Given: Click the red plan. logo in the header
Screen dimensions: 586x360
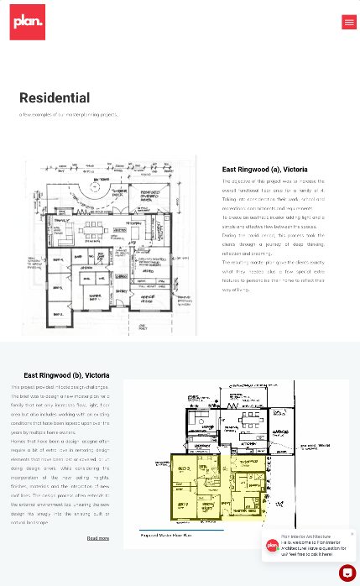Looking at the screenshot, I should (28, 22).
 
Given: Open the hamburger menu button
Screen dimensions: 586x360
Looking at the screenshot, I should (349, 22).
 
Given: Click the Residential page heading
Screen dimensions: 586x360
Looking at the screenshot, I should (55, 98).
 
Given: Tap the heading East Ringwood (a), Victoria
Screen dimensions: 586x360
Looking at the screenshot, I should (264, 169).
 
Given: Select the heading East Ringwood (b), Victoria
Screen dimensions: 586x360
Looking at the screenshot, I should (66, 374).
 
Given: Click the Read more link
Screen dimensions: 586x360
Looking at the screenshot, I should (98, 538).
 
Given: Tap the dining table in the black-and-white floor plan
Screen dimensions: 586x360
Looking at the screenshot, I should (93, 228).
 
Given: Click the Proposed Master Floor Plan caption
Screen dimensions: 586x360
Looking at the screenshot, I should (168, 533).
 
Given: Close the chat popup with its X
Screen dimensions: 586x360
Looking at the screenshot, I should (352, 534).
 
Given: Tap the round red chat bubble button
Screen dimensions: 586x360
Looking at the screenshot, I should (347, 573).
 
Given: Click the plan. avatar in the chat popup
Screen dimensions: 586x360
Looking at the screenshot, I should (273, 546).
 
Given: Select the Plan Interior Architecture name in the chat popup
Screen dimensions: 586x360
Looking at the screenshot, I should (305, 536).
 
